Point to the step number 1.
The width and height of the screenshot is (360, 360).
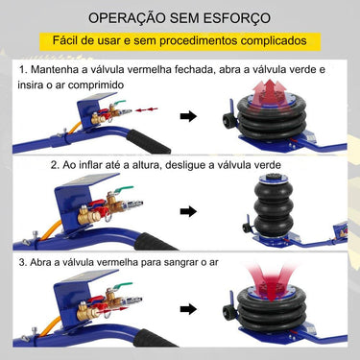[x=22, y=71]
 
